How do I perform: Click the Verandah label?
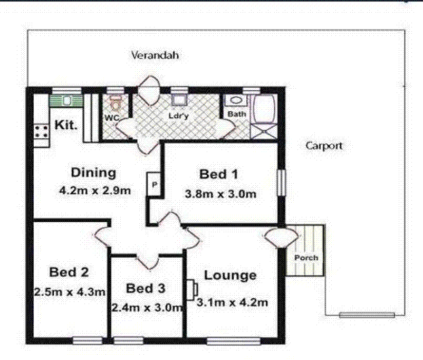[x=156, y=55]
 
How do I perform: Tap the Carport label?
[x=324, y=146]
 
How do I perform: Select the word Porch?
[x=306, y=258]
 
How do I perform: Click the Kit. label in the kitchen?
[x=66, y=126]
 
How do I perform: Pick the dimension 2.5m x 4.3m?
[x=69, y=291]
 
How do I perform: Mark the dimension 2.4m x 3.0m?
[x=147, y=307]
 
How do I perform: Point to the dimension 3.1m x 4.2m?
[x=232, y=302]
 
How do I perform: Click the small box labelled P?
[x=154, y=185]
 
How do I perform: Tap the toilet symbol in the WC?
[x=116, y=101]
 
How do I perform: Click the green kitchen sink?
[x=66, y=100]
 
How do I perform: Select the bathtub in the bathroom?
[x=263, y=109]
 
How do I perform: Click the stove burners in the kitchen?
[x=41, y=131]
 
